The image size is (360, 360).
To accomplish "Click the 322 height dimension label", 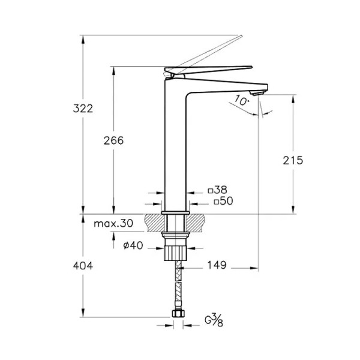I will (x=83, y=109).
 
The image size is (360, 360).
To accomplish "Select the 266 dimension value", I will (x=113, y=140).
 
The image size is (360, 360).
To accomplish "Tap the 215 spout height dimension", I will (x=293, y=160).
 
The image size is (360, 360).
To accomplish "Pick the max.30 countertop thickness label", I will (x=113, y=223).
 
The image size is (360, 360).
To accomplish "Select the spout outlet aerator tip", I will (x=258, y=93).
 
